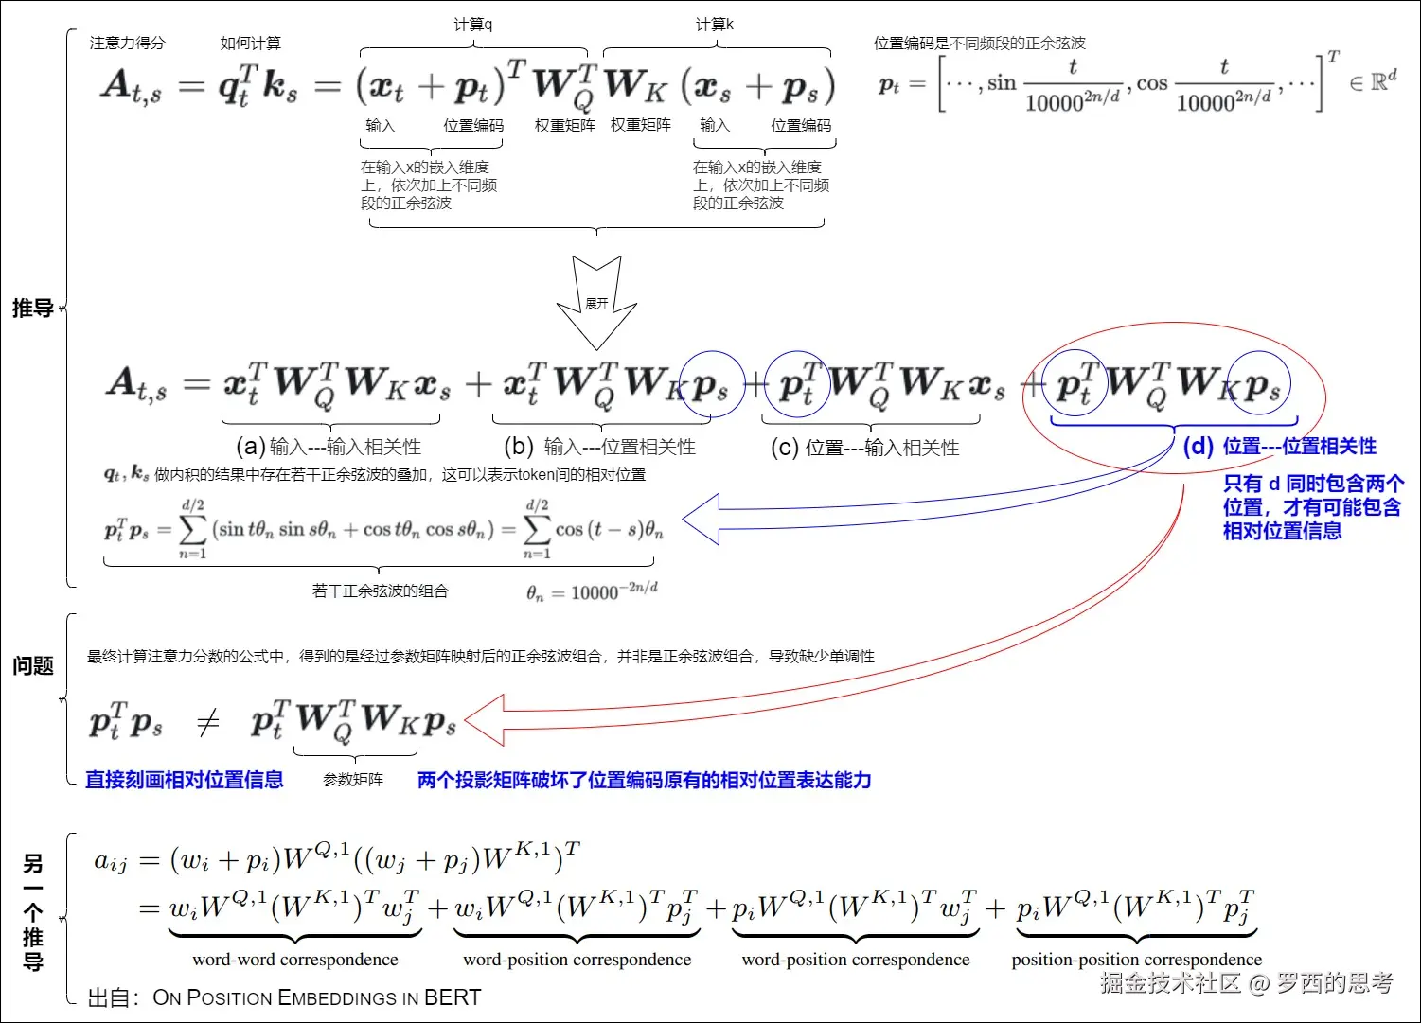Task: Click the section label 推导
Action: (x=32, y=309)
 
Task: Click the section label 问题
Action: (x=32, y=666)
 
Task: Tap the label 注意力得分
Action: (x=127, y=43)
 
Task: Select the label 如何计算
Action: (x=250, y=43)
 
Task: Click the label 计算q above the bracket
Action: (x=472, y=25)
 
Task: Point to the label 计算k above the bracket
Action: (x=714, y=25)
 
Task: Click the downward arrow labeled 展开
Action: (x=596, y=303)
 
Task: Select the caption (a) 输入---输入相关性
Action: (x=328, y=447)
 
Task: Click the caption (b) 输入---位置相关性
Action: (x=600, y=447)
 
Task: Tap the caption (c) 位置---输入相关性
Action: (x=864, y=448)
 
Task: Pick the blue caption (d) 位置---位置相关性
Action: (x=1280, y=446)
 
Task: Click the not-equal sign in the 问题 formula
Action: (x=207, y=724)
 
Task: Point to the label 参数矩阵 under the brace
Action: (x=353, y=780)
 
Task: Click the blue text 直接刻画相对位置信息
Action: (x=185, y=780)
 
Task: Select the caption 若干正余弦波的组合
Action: (x=380, y=591)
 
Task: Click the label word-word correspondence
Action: (x=295, y=960)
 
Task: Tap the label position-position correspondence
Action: (x=1136, y=960)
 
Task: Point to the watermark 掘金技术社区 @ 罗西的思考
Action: (x=1246, y=983)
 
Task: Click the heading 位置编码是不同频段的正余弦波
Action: (x=979, y=43)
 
